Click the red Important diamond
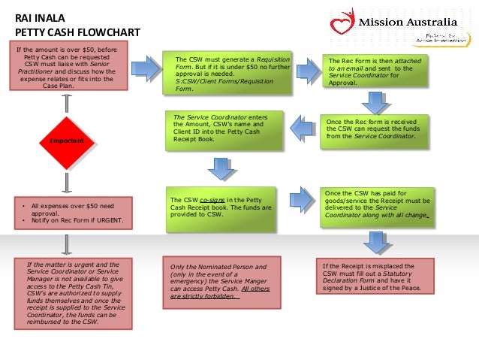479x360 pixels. pos(66,141)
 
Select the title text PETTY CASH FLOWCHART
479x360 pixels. pos(68,33)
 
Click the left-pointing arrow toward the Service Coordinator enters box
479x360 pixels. pos(302,129)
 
